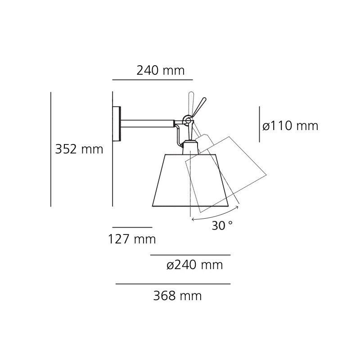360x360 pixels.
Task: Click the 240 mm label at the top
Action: [160, 71]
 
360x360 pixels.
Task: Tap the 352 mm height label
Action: [79, 149]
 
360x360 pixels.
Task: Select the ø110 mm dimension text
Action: [290, 126]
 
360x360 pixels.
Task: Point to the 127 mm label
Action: [131, 239]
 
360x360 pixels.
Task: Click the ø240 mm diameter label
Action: [194, 265]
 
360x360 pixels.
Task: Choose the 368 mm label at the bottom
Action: [177, 296]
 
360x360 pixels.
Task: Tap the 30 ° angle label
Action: [222, 226]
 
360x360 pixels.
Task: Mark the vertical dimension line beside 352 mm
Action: [51, 149]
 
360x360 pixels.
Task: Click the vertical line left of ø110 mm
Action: [259, 124]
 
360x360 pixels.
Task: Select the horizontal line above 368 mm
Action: [173, 284]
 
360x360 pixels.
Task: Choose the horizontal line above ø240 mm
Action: [190, 255]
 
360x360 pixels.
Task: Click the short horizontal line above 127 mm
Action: [132, 227]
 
